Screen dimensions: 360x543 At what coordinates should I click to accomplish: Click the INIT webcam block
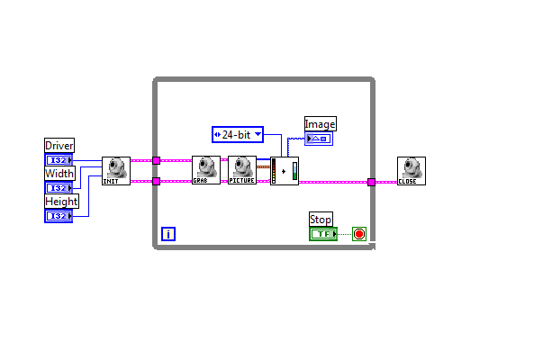point(115,170)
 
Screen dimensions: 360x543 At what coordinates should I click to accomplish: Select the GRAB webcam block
point(205,170)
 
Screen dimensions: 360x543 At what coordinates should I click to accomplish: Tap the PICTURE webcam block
point(242,170)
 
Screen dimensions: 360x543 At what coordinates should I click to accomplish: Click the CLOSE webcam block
point(411,170)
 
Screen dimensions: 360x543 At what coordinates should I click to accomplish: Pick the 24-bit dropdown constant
point(237,135)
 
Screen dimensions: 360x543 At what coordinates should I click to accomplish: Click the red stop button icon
point(359,234)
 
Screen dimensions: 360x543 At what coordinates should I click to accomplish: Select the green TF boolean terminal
point(322,234)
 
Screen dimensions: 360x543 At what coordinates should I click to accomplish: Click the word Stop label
point(321,220)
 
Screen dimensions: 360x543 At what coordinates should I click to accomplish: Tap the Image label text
point(320,124)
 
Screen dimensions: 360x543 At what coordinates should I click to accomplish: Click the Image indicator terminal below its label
point(319,139)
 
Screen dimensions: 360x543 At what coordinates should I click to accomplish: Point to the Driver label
point(59,146)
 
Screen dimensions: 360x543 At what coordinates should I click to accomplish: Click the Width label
point(59,174)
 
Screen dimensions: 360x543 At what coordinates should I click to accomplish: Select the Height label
point(60,202)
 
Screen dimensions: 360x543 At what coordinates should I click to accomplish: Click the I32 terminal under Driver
point(59,160)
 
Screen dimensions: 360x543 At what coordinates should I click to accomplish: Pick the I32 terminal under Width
point(59,188)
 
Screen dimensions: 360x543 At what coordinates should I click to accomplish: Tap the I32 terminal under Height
point(59,216)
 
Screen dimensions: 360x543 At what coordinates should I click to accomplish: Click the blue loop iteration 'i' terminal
point(168,234)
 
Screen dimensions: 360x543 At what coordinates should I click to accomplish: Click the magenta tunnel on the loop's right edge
point(371,182)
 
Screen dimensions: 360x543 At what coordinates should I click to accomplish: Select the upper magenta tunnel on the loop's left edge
point(156,160)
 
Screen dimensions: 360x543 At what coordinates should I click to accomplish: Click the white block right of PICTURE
point(285,170)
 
